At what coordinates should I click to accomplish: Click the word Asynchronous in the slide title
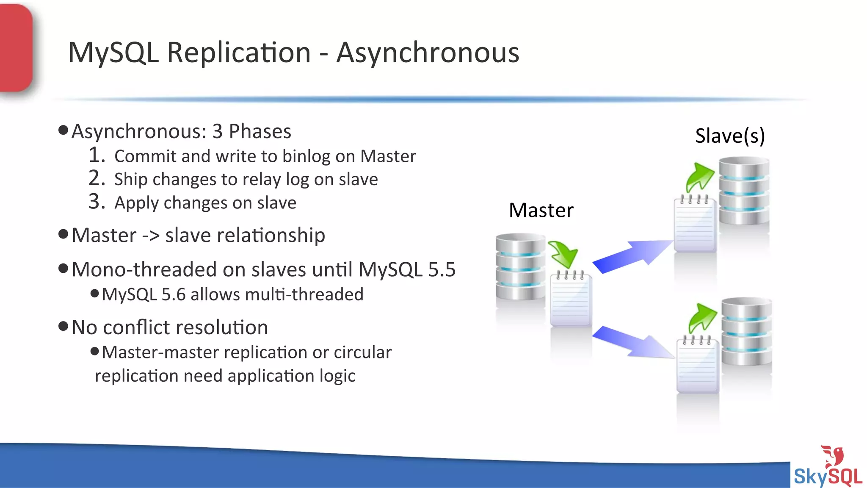point(428,53)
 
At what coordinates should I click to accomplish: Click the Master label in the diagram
point(541,211)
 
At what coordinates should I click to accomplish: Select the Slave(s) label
point(730,136)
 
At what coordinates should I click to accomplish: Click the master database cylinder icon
point(520,267)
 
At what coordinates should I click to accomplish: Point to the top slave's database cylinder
point(744,191)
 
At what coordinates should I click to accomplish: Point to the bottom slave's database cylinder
point(746,331)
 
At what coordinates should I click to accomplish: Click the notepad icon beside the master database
point(571,299)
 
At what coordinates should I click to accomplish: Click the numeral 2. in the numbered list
point(97,178)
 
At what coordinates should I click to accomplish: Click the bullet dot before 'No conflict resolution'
point(63,326)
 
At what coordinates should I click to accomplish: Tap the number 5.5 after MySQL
point(442,270)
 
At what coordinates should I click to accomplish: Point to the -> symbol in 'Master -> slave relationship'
point(151,236)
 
